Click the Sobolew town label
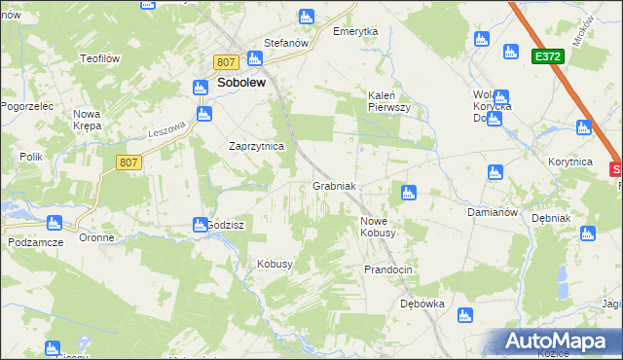coord(241,84)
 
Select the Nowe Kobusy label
coord(378,227)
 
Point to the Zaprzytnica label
coord(255,146)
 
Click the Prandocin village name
coord(389,269)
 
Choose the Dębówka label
coord(421,304)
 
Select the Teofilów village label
coord(99,58)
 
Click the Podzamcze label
coord(35,241)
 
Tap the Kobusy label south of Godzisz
coord(275,264)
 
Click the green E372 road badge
coord(546,58)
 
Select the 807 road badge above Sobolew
coord(226,62)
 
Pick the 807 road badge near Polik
coord(128,162)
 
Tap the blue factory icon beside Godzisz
coord(199,225)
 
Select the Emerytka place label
coord(354,32)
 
